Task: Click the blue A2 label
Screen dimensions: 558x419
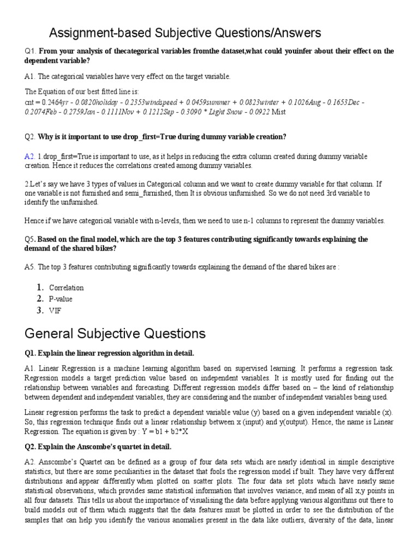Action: (29, 156)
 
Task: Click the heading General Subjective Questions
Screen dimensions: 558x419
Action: (115, 333)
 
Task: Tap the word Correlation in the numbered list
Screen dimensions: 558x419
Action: (67, 288)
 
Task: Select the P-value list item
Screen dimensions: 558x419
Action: (61, 299)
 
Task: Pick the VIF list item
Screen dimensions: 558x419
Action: (55, 311)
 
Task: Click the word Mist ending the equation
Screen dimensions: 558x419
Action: (278, 112)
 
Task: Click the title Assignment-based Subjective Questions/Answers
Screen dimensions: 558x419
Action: (185, 34)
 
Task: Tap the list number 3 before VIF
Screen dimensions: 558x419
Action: (40, 311)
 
